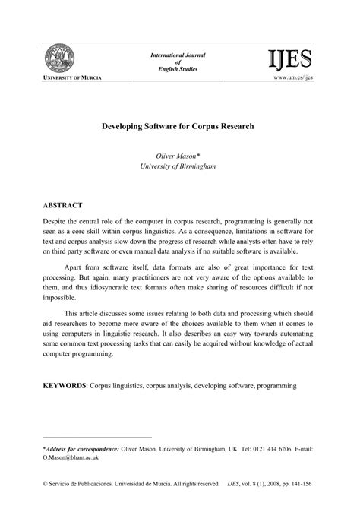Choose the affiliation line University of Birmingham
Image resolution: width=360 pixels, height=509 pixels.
coord(179,165)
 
